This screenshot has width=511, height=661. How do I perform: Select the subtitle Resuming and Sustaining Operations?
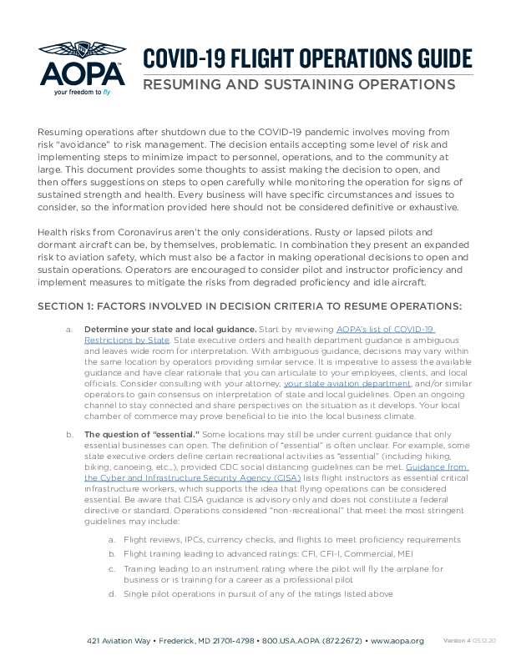click(x=299, y=85)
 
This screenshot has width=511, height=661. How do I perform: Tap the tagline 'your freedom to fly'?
click(x=83, y=93)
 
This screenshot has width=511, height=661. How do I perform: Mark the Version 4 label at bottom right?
click(x=456, y=640)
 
